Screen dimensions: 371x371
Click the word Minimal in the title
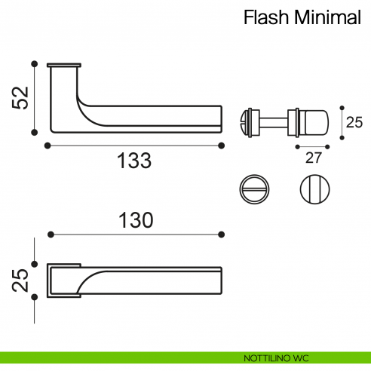pyautogui.click(x=329, y=17)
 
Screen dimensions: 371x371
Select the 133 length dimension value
pyautogui.click(x=135, y=160)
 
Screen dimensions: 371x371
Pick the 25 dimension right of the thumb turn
pyautogui.click(x=354, y=121)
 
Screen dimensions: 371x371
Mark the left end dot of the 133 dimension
pyautogui.click(x=48, y=145)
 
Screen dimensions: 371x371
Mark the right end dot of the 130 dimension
pyautogui.click(x=221, y=235)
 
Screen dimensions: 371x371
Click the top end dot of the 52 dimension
pyautogui.click(x=34, y=63)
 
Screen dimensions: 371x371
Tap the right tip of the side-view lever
pyautogui.click(x=220, y=117)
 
